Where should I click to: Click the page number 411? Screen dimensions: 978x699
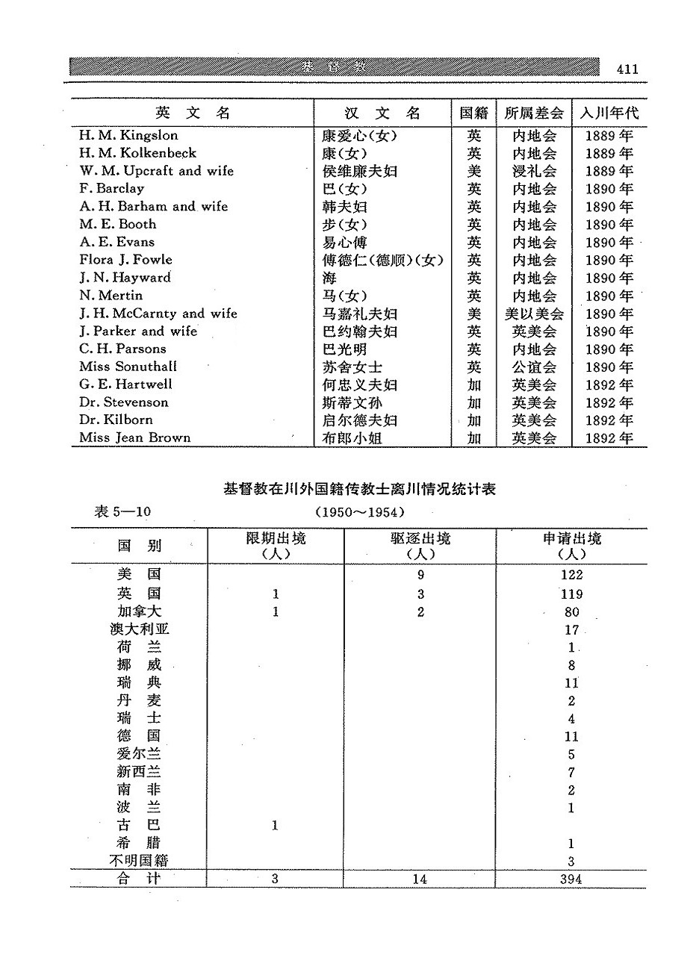[x=627, y=69]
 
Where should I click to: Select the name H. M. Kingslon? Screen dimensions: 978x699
[x=128, y=136]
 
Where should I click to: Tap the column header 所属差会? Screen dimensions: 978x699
[x=534, y=113]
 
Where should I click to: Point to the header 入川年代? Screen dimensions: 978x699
[x=609, y=113]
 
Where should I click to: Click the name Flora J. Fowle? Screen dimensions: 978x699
[x=125, y=260]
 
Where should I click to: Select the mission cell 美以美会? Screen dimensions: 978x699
[x=534, y=314]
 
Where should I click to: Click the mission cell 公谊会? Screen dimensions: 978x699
[x=534, y=367]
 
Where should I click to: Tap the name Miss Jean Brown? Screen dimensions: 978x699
[x=134, y=438]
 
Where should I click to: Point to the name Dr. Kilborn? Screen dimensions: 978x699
[x=116, y=420]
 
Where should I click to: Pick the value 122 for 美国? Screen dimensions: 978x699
[x=571, y=576]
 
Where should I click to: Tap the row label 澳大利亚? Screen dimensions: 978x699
[x=139, y=629]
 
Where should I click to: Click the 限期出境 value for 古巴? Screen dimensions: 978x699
[x=275, y=826]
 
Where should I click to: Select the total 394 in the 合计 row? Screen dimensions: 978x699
[x=571, y=879]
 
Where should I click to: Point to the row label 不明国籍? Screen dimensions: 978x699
[x=139, y=861]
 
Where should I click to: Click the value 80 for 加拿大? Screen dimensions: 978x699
[x=571, y=612]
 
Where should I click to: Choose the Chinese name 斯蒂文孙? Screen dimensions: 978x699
[x=355, y=403]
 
